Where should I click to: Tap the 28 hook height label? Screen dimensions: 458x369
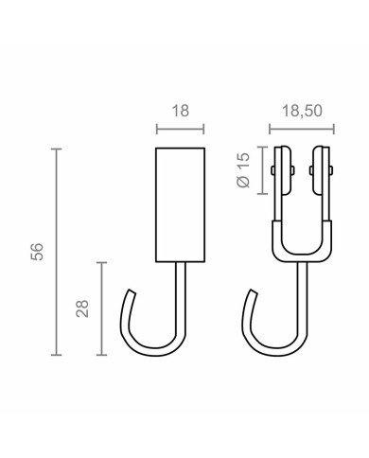point(82,308)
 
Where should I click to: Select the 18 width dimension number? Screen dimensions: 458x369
point(181,111)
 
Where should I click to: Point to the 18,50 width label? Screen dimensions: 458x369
point(303,111)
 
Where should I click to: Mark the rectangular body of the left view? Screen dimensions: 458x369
point(180,203)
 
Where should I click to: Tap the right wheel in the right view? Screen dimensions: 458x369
point(320,172)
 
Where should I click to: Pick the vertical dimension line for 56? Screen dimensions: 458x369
point(57,251)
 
